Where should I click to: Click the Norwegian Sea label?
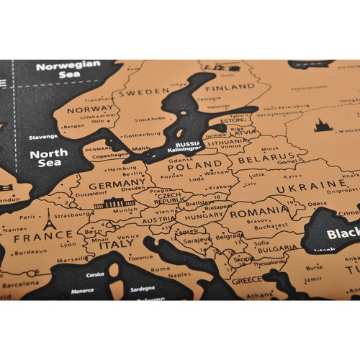click(x=68, y=68)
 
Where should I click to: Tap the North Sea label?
click(x=49, y=158)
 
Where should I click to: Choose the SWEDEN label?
click(x=144, y=93)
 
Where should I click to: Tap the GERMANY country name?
click(x=118, y=185)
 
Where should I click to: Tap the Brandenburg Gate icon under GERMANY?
click(x=114, y=204)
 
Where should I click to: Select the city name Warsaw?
click(x=197, y=173)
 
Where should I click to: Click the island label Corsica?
click(x=95, y=274)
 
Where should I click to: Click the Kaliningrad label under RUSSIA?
click(x=189, y=150)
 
